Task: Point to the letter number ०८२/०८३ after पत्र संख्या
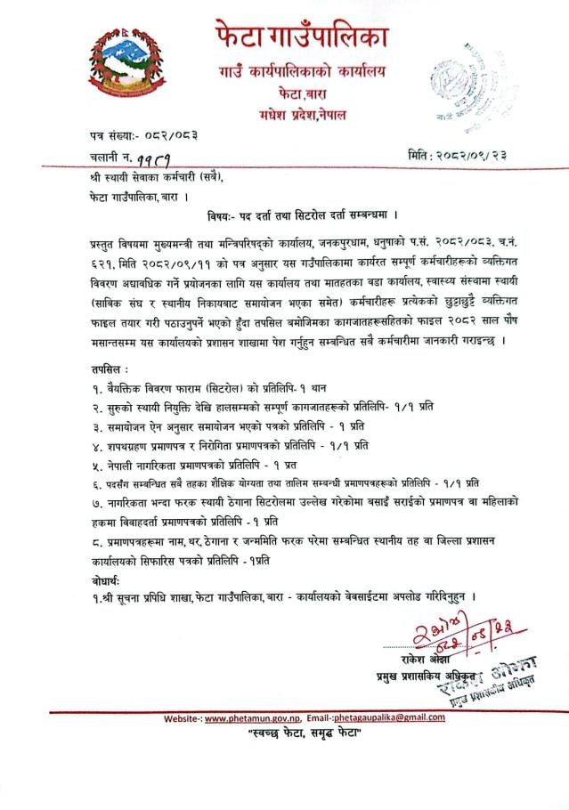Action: pyautogui.click(x=165, y=135)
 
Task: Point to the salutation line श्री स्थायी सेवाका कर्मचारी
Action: pyautogui.click(x=161, y=177)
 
